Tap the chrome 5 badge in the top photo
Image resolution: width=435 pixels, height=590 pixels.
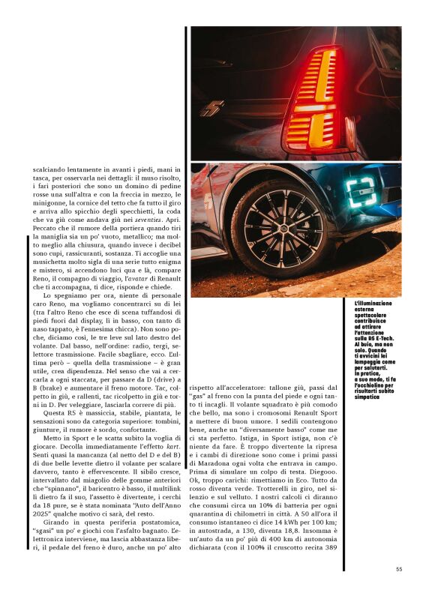[212, 108]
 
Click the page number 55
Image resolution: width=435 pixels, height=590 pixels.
[399, 568]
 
